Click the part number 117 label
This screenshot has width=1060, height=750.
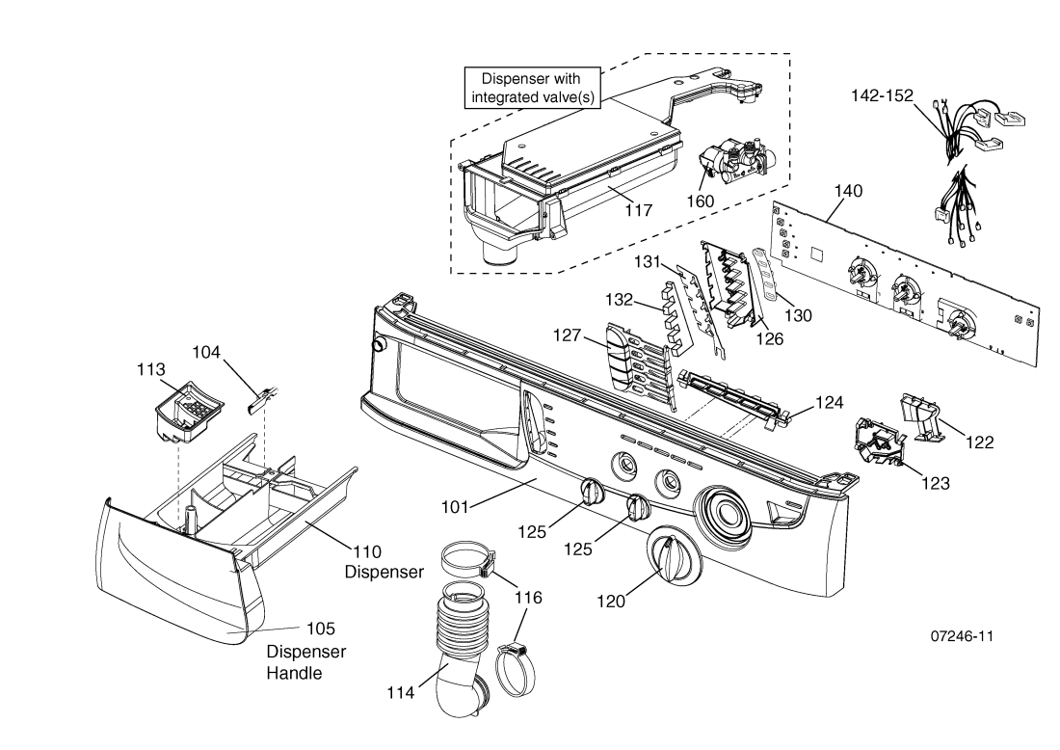638,210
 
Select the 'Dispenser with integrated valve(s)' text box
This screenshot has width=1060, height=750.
532,87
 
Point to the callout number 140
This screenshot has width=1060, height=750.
848,192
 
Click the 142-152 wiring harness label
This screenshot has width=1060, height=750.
882,96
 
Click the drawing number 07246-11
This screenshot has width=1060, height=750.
962,635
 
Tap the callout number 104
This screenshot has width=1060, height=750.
206,352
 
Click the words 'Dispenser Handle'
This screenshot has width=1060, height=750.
305,662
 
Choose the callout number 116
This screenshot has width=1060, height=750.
528,598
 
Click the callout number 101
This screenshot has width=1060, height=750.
455,506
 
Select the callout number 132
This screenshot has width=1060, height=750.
619,300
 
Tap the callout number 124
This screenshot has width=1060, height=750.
829,403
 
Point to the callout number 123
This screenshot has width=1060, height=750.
936,484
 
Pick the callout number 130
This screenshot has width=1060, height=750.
798,316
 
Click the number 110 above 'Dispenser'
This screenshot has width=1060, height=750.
367,551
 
